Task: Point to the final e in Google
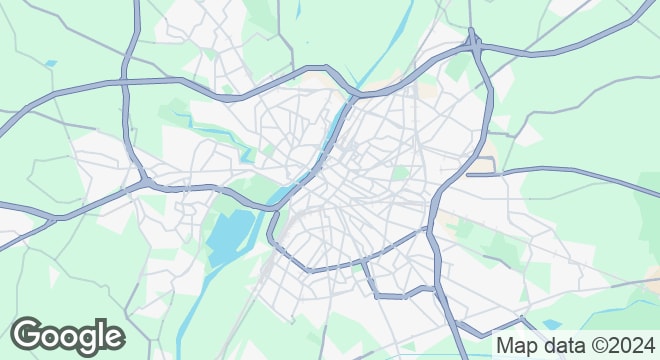pos(113,338)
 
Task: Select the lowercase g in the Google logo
pos(84,340)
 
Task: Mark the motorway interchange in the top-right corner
pos(473,44)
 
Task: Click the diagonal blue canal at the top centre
pos(385,50)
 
